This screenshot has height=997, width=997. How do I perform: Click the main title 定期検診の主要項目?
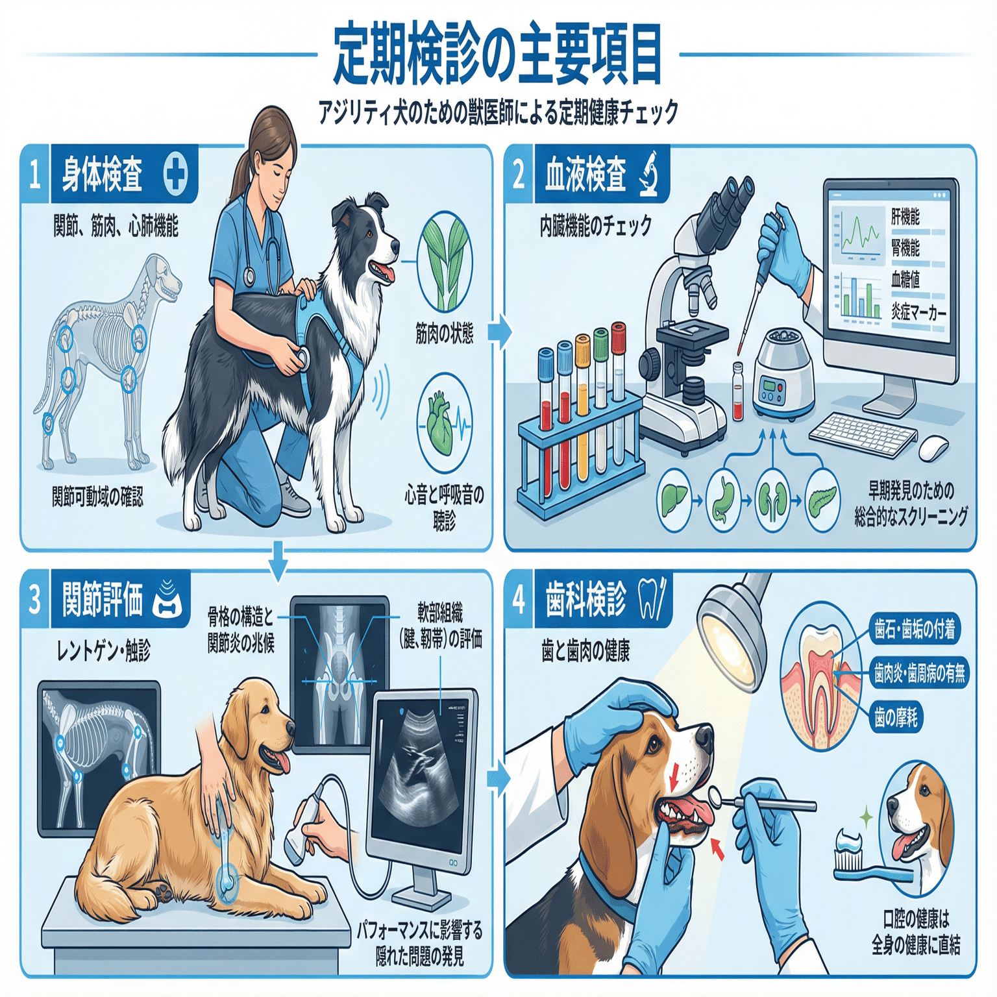click(497, 56)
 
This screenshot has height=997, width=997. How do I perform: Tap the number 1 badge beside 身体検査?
click(34, 175)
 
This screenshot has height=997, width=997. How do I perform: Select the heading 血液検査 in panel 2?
click(585, 175)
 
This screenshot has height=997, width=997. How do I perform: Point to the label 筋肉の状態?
click(444, 334)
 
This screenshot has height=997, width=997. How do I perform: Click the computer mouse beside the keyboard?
click(933, 447)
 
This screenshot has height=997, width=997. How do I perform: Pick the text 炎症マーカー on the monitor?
click(918, 313)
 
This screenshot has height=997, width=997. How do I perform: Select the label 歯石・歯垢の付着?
click(914, 629)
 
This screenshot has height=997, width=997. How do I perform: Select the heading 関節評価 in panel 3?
click(102, 599)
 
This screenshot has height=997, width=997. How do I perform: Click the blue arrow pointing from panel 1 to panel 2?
click(498, 332)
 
